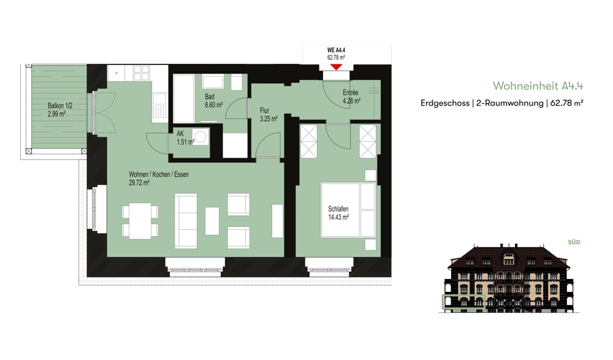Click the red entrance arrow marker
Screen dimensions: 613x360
pyautogui.click(x=336, y=67)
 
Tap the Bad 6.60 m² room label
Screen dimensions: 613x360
pyautogui.click(x=213, y=101)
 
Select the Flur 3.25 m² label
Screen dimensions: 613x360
pyautogui.click(x=268, y=115)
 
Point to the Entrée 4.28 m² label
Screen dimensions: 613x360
pyautogui.click(x=351, y=97)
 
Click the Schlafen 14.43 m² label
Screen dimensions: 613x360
pyautogui.click(x=338, y=213)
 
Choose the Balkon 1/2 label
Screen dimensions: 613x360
pyautogui.click(x=60, y=105)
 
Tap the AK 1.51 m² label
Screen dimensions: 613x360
pyautogui.click(x=185, y=138)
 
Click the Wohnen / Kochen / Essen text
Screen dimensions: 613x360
pyautogui.click(x=159, y=175)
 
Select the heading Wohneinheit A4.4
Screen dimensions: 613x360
pyautogui.click(x=538, y=86)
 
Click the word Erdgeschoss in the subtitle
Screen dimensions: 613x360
pyautogui.click(x=445, y=103)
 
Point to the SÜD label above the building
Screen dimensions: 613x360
pyautogui.click(x=574, y=242)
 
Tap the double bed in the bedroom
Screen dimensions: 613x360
pyautogui.click(x=348, y=210)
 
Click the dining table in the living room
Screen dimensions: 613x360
pyautogui.click(x=140, y=221)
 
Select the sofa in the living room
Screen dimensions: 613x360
pyautogui.click(x=186, y=221)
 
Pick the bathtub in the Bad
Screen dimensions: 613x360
pyautogui.click(x=184, y=99)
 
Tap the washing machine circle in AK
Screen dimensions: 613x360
pyautogui.click(x=201, y=137)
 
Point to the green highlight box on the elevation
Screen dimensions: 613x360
pyautogui.click(x=463, y=301)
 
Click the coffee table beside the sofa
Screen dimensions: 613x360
pyautogui.click(x=212, y=221)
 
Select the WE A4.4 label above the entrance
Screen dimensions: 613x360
pyautogui.click(x=336, y=50)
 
